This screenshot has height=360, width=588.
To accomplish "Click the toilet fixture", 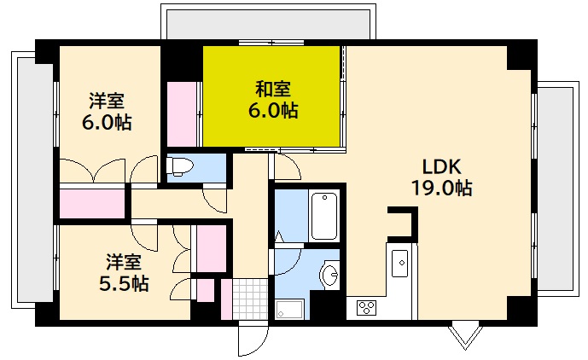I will [183, 165].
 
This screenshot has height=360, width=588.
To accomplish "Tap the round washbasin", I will [329, 275].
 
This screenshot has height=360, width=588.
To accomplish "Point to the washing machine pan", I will [290, 309].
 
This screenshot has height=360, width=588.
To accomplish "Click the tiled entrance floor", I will [250, 299].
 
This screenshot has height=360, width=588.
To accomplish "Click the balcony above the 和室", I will [267, 21].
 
